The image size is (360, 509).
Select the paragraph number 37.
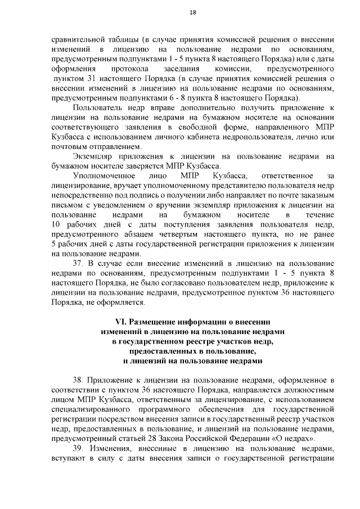click(x=79, y=263)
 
